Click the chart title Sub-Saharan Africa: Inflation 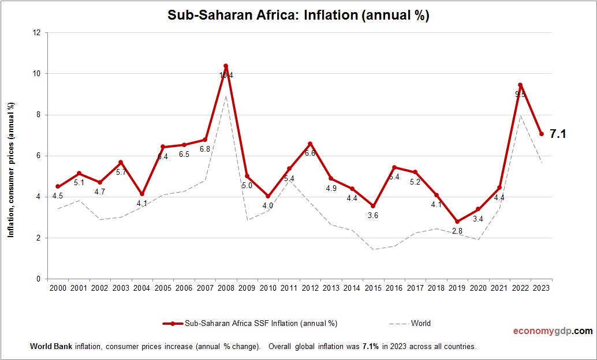point(298,16)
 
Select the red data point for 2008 point(226,66)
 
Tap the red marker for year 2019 point(457,222)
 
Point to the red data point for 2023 point(542,134)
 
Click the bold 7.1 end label point(557,134)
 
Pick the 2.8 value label point(457,231)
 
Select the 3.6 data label point(373,215)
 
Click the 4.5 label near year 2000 point(58,196)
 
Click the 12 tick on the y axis point(36,33)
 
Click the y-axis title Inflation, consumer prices point(11,170)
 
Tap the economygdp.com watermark point(553,331)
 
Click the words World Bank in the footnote point(48,347)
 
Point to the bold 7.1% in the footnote point(370,347)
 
